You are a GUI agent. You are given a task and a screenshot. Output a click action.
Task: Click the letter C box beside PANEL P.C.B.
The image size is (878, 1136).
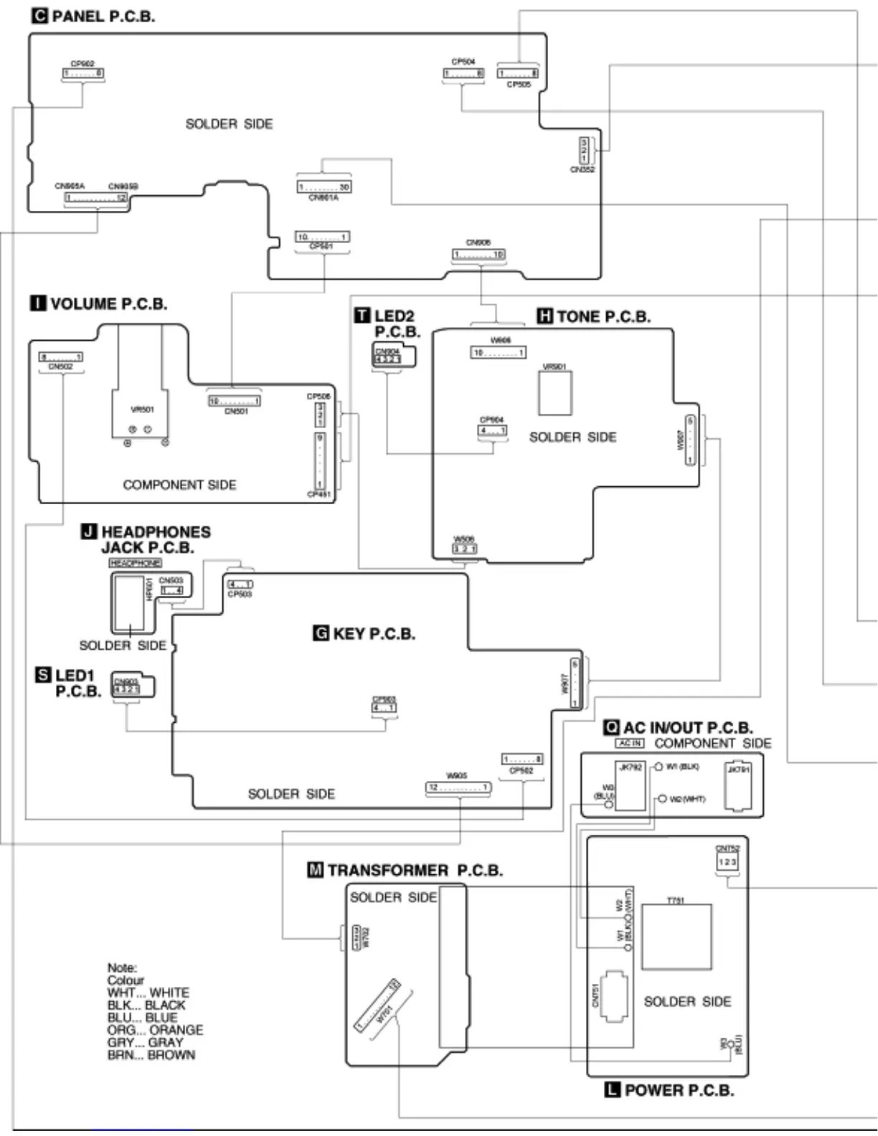40,16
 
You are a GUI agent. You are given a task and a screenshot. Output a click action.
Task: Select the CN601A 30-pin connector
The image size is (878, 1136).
324,187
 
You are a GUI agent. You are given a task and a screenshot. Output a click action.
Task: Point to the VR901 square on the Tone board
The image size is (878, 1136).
555,392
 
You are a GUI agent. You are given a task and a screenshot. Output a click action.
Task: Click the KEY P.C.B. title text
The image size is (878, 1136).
374,633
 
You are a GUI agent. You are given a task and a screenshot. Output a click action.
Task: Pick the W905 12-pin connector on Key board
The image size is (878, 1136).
458,787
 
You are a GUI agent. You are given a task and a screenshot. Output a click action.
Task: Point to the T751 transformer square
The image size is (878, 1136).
676,937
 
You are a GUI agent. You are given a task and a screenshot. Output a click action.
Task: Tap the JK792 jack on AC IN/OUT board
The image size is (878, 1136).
631,787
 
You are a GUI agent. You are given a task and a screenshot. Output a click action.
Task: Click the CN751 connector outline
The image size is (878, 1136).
613,996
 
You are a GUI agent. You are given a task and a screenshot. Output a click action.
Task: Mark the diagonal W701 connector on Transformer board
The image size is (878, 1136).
377,1005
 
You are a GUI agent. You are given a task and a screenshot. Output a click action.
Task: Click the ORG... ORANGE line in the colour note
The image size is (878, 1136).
155,1030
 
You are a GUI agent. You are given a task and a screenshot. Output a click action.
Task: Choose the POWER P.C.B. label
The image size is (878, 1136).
679,1090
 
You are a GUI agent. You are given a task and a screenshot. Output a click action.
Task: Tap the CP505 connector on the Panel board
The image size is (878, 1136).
518,73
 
